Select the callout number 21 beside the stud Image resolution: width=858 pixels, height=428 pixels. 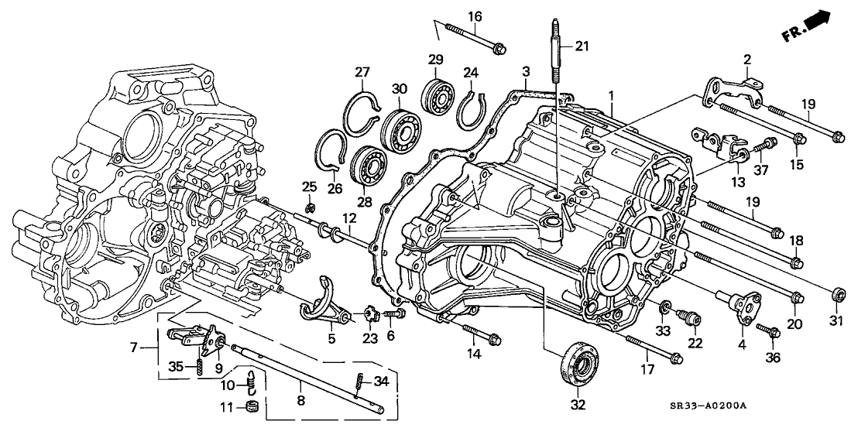coord(582,47)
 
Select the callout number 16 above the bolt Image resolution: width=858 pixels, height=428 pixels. coord(475,16)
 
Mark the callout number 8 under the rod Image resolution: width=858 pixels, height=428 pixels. coord(301,400)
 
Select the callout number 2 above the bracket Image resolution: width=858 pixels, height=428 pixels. coord(747,59)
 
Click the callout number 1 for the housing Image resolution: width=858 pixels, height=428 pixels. coord(611,96)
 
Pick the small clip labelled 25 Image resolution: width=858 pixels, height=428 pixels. coord(311,208)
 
